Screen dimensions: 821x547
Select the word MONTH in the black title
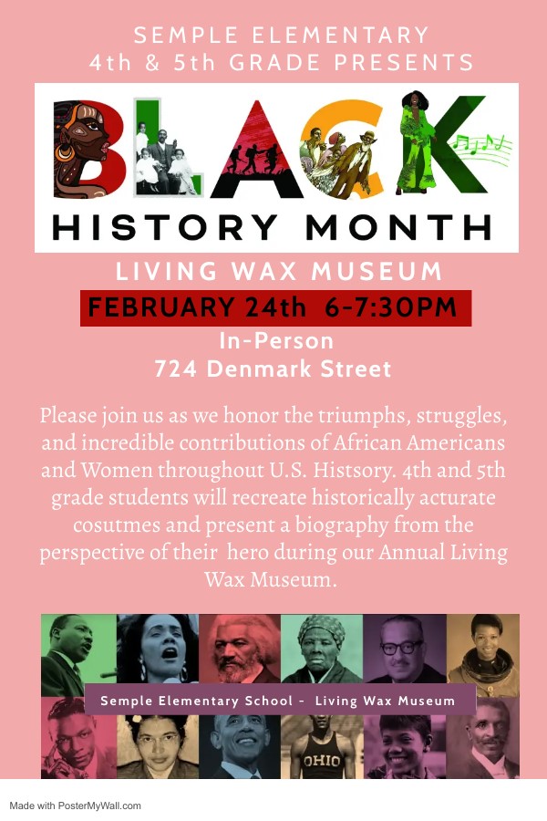407,227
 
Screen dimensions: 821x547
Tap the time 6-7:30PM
390,308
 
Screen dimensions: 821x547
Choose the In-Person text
275,341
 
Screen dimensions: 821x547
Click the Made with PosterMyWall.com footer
76,805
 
